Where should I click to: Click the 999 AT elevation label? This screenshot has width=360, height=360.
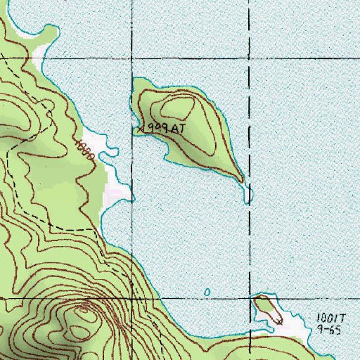[163, 129]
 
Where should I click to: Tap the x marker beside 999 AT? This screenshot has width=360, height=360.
[140, 129]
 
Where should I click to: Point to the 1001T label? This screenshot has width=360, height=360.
[328, 318]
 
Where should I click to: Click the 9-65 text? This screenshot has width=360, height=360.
[328, 329]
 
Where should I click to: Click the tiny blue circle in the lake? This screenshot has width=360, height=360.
[207, 291]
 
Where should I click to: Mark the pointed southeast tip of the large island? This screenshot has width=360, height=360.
[243, 180]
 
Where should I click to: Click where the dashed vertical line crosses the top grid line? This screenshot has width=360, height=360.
[251, 60]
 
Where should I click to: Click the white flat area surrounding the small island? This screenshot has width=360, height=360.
[292, 323]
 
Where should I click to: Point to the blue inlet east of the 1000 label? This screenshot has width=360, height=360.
[108, 150]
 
